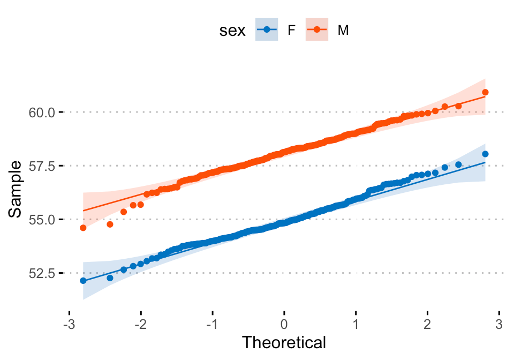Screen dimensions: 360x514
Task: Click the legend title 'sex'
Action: pos(232,31)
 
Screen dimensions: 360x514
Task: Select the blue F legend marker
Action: pos(267,31)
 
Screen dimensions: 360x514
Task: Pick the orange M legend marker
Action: pos(316,31)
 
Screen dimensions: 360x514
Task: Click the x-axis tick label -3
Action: pos(68,325)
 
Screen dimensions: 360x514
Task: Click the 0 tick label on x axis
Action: pos(284,325)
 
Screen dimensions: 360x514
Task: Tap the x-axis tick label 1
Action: pos(356,325)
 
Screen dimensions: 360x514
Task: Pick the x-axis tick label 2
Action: pos(428,325)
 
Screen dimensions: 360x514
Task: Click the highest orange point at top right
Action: pos(485,92)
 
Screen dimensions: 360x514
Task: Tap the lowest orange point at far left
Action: pos(83,228)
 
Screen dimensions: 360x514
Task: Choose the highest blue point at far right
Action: pos(485,154)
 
